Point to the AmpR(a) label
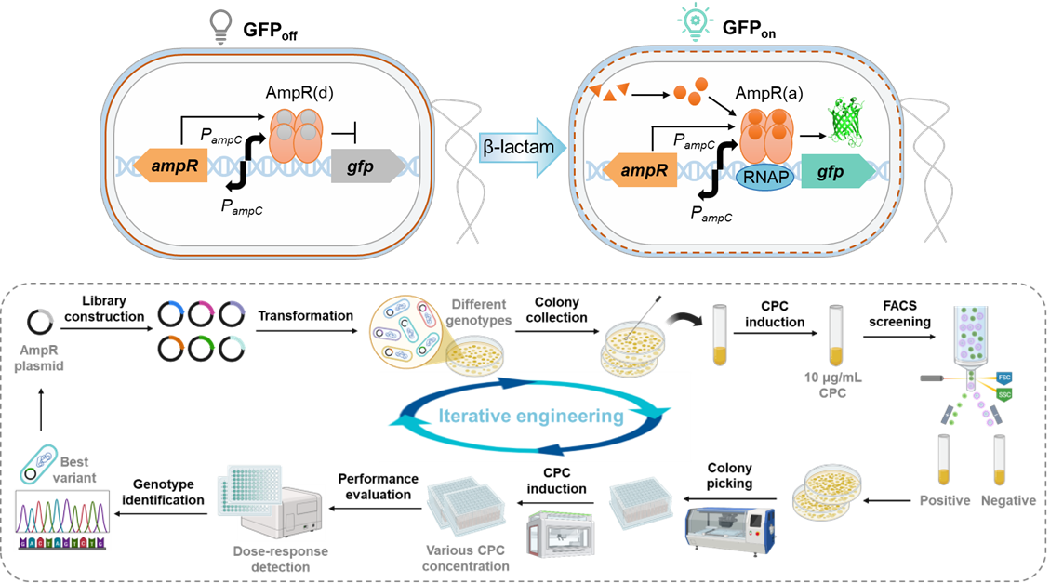pyautogui.click(x=768, y=94)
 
